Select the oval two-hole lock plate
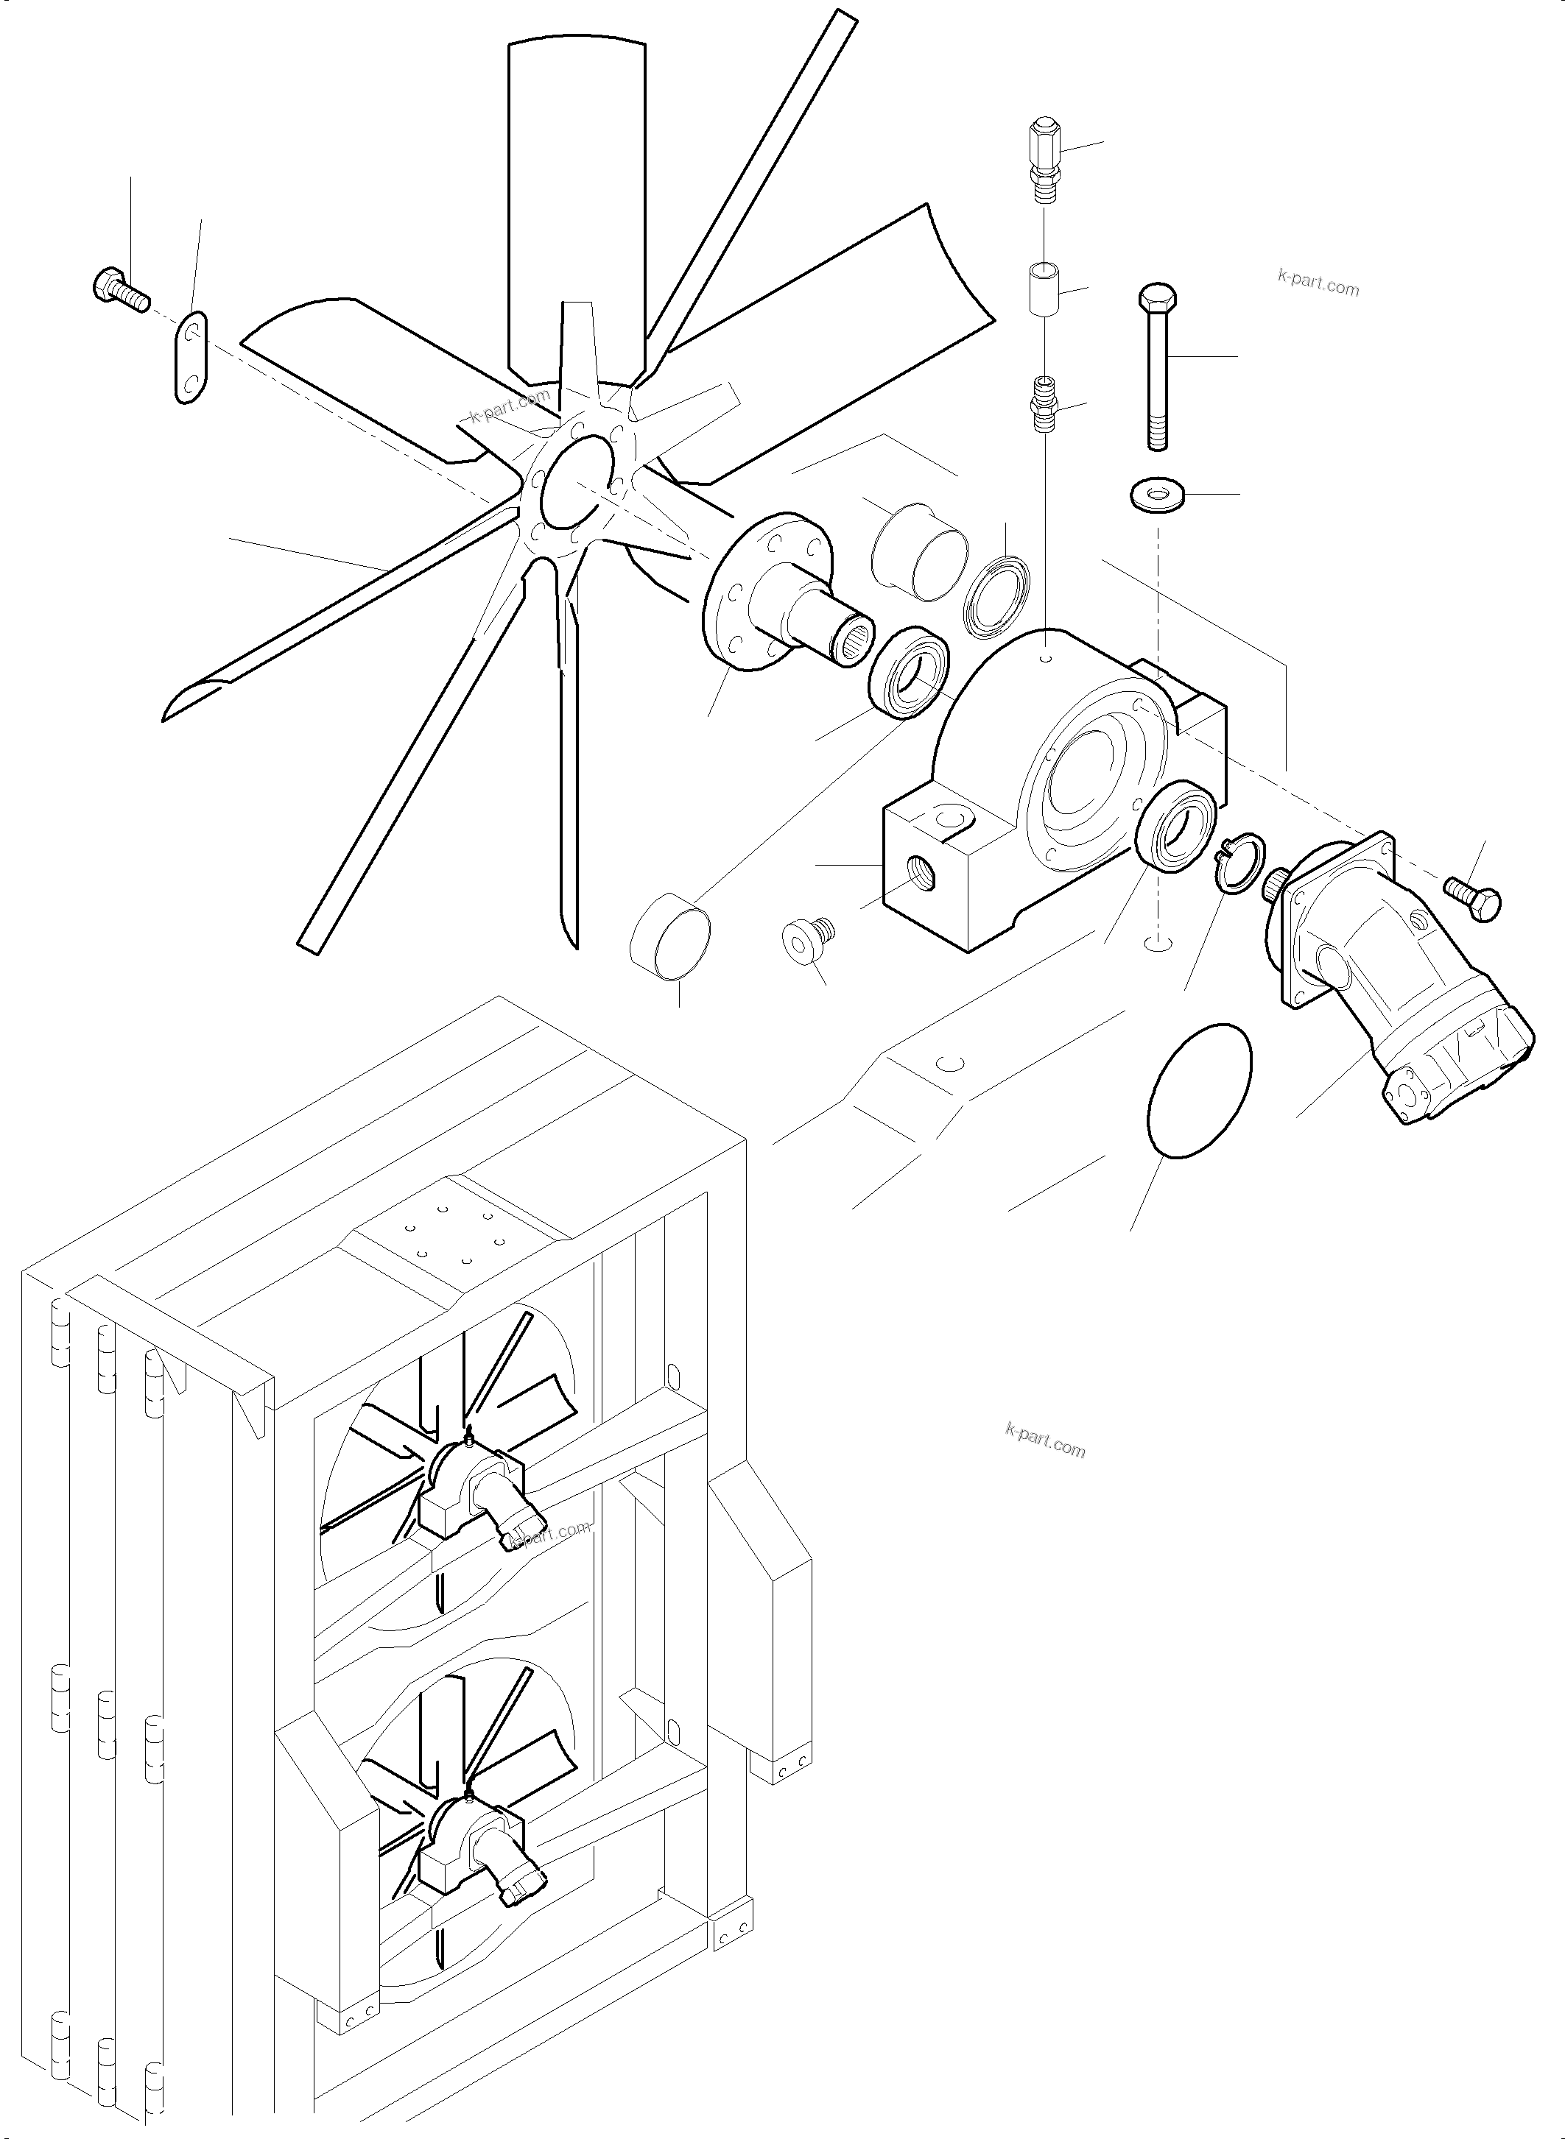pos(191,357)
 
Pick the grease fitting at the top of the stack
pos(1044,155)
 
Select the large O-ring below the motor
pos(1198,1090)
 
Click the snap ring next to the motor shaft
pos(1239,863)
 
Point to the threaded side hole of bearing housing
pos(921,866)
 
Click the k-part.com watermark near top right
pos(1317,282)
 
